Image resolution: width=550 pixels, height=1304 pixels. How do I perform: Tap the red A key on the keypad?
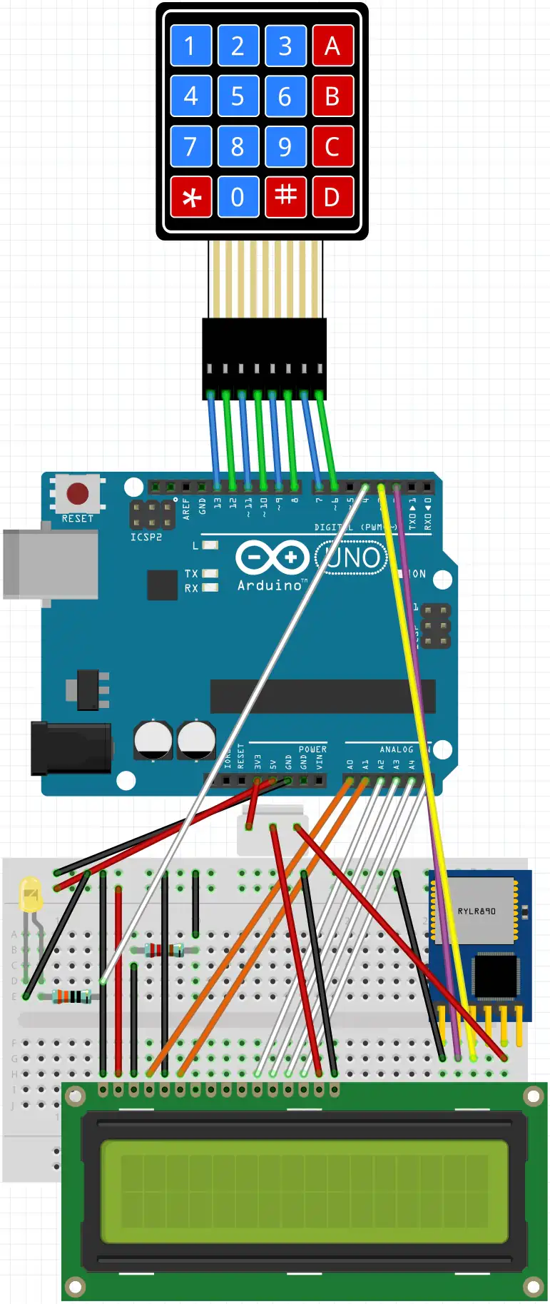[x=332, y=46]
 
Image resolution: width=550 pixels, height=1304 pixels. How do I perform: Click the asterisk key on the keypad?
[x=191, y=197]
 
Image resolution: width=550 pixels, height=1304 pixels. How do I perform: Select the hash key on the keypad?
[x=285, y=196]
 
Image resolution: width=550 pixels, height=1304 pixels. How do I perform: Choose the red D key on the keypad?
[x=332, y=197]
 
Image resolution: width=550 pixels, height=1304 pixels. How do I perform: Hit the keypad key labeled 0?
[x=238, y=197]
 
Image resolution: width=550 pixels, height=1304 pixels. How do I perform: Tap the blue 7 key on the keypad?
[x=191, y=147]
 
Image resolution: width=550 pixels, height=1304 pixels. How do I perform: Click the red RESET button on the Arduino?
[x=77, y=493]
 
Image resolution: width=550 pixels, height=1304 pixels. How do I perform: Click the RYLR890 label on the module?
[x=477, y=911]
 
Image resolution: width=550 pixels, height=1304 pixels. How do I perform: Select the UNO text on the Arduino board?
[x=352, y=557]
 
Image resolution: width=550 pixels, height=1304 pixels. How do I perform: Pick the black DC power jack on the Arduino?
[x=71, y=748]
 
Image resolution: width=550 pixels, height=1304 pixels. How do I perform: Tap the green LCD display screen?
[x=305, y=1191]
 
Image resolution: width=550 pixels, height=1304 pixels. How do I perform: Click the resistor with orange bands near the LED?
[x=71, y=996]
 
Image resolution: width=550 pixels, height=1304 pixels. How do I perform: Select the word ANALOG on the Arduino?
[x=396, y=749]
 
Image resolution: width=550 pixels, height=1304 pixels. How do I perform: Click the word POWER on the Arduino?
[x=312, y=749]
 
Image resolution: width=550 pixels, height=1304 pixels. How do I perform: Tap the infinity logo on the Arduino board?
[x=272, y=557]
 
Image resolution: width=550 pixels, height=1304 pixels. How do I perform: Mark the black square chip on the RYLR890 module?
[x=494, y=975]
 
